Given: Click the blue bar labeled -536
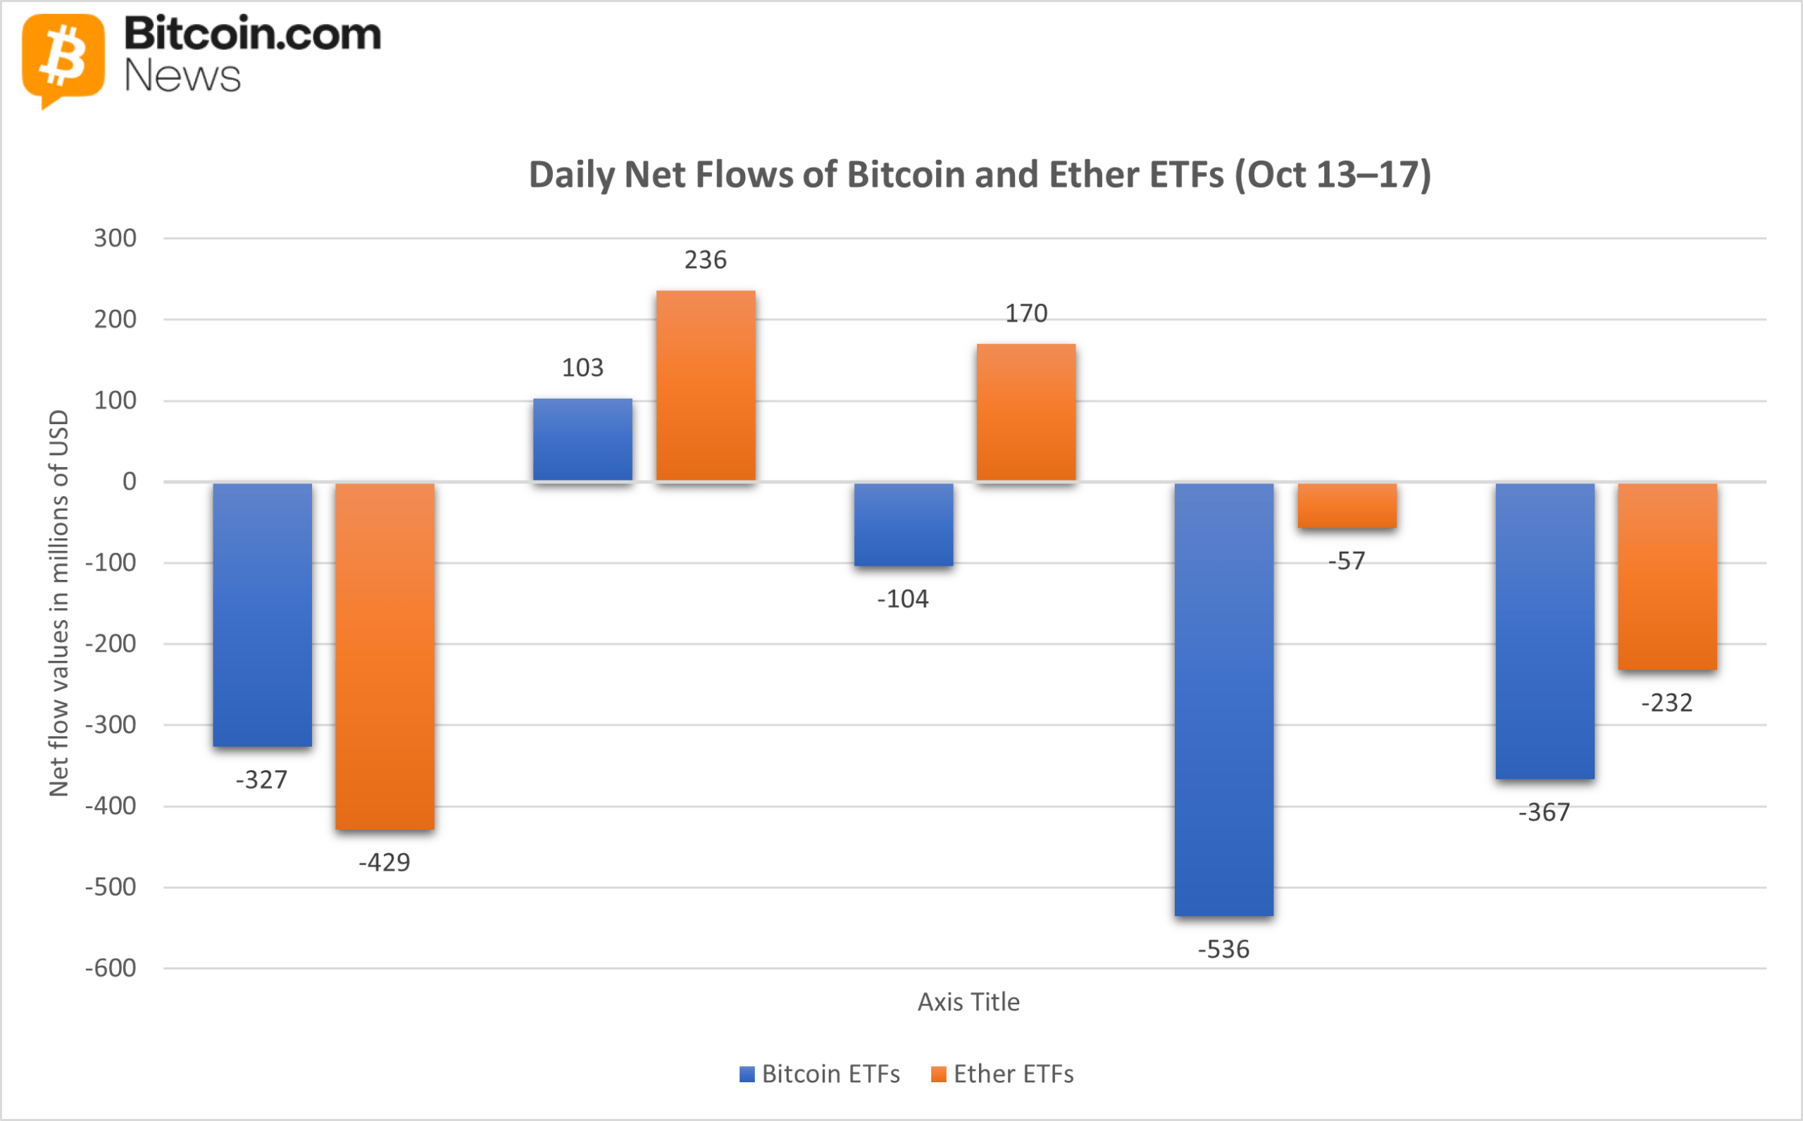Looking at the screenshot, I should (1223, 699).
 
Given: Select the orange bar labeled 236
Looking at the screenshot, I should (706, 385).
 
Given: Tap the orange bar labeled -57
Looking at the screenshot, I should (1347, 506).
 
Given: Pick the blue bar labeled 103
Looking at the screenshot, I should (582, 440).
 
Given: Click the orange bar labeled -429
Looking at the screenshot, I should (385, 656).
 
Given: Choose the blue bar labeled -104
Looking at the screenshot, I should (904, 524).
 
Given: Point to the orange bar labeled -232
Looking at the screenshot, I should (1667, 576).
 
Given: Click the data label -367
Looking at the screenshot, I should (1544, 812).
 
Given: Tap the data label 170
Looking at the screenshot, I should (1025, 314).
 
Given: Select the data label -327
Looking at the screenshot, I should (261, 780).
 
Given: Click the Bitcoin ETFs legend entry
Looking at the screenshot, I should (820, 1074).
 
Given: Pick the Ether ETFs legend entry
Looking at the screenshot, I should (1002, 1074).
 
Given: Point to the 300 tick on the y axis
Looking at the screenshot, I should (115, 238).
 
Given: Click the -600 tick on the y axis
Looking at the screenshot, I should (111, 968).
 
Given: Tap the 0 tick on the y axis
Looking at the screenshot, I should (129, 482).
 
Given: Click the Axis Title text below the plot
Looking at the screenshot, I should (968, 1003).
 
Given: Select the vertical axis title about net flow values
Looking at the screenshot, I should (58, 602).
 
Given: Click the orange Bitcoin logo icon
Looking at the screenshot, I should (63, 58).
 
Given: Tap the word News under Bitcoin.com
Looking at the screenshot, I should (182, 76).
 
